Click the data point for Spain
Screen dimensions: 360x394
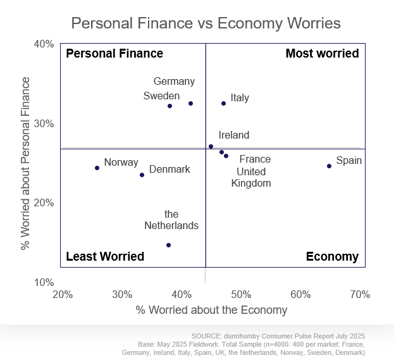329,166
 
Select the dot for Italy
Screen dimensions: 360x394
223,103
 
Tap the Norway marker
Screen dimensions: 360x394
97,168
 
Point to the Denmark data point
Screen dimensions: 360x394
142,175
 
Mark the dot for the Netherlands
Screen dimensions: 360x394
168,245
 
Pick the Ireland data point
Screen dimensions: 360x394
211,146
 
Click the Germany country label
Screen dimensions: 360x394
174,81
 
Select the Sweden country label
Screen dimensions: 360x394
161,96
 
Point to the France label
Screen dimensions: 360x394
255,159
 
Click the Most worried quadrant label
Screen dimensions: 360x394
322,54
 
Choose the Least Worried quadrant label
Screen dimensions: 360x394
105,256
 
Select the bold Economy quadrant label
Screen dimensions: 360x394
332,256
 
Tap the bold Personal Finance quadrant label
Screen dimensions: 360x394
114,54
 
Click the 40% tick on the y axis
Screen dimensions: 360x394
44,44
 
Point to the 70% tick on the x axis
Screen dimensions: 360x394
360,294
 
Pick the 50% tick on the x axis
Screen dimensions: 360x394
241,294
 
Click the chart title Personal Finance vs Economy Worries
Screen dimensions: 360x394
206,23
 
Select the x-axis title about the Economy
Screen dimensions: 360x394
211,310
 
